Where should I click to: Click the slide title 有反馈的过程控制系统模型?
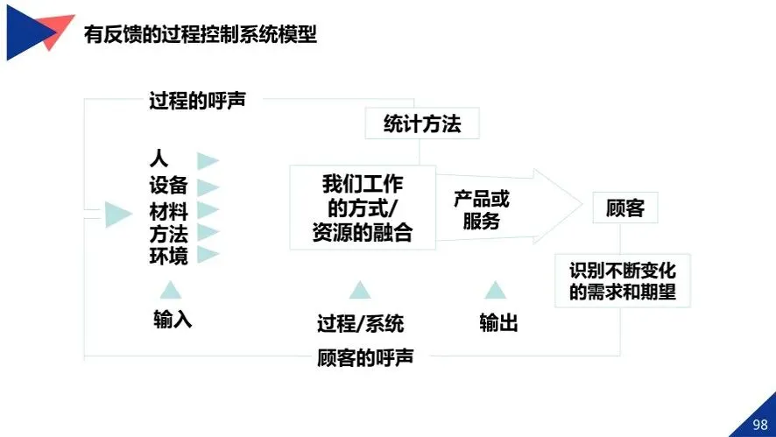coord(200,35)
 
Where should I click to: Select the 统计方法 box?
coord(422,124)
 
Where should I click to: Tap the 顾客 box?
coord(625,208)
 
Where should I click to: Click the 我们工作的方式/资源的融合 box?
coord(362,208)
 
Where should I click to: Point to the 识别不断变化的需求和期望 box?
coord(622,280)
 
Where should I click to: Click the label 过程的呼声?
coord(197,100)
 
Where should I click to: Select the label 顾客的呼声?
coord(365,358)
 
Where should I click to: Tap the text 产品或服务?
coord(481,210)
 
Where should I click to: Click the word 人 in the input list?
coord(159,159)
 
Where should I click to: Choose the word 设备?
coord(168,186)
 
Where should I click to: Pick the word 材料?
coord(168,211)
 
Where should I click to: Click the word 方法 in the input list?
coord(168,234)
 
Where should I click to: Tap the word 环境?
coord(168,256)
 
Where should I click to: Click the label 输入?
coord(173,320)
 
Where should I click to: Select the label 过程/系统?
coord(360,323)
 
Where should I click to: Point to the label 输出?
coord(498,323)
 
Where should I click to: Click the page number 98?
coord(759,425)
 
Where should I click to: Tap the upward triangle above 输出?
coord(496,290)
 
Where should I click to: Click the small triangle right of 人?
coord(208,160)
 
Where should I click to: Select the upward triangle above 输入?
coord(171,290)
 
